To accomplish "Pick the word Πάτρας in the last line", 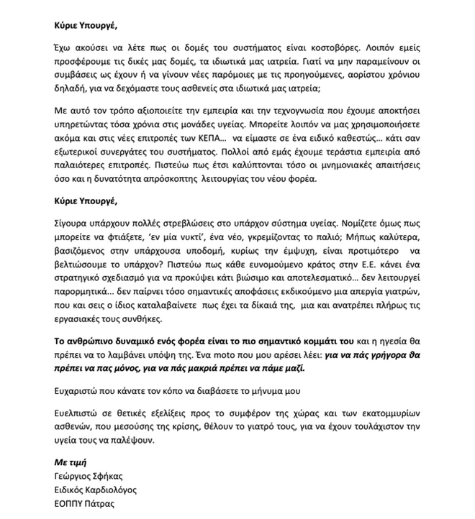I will pyautogui.click(x=101, y=504).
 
